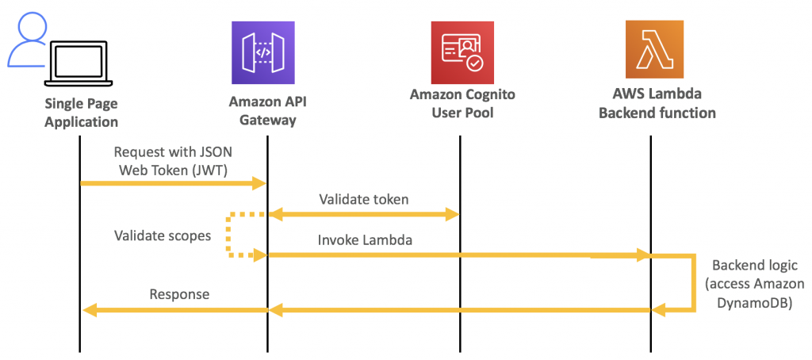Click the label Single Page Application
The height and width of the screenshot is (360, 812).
coord(81,113)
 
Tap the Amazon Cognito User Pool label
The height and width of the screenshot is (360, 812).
coord(462,103)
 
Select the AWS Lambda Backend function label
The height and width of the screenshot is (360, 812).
coord(657,104)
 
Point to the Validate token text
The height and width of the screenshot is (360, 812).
coord(364,199)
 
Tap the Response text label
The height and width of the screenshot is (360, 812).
coord(179,294)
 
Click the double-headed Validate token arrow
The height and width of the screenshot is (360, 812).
coord(364,213)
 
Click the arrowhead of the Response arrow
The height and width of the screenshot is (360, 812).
coord(90,310)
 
